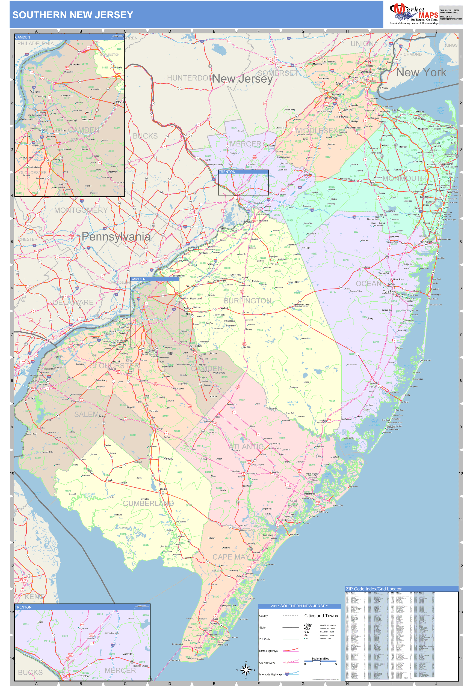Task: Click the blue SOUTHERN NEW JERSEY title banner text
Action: point(73,15)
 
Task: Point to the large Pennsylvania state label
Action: point(116,236)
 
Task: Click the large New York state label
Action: point(421,73)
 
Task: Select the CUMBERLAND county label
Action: point(148,503)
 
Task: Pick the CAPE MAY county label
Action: point(231,557)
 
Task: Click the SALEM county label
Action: point(86,414)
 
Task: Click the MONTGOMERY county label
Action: point(81,210)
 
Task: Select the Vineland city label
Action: point(169,458)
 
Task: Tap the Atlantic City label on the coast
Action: point(337,505)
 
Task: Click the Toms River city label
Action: point(389,292)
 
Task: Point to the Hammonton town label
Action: point(232,404)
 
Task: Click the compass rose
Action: point(246,670)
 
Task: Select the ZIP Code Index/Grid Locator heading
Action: point(374,589)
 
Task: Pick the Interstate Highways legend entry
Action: point(271,674)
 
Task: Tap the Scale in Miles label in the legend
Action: point(320,658)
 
